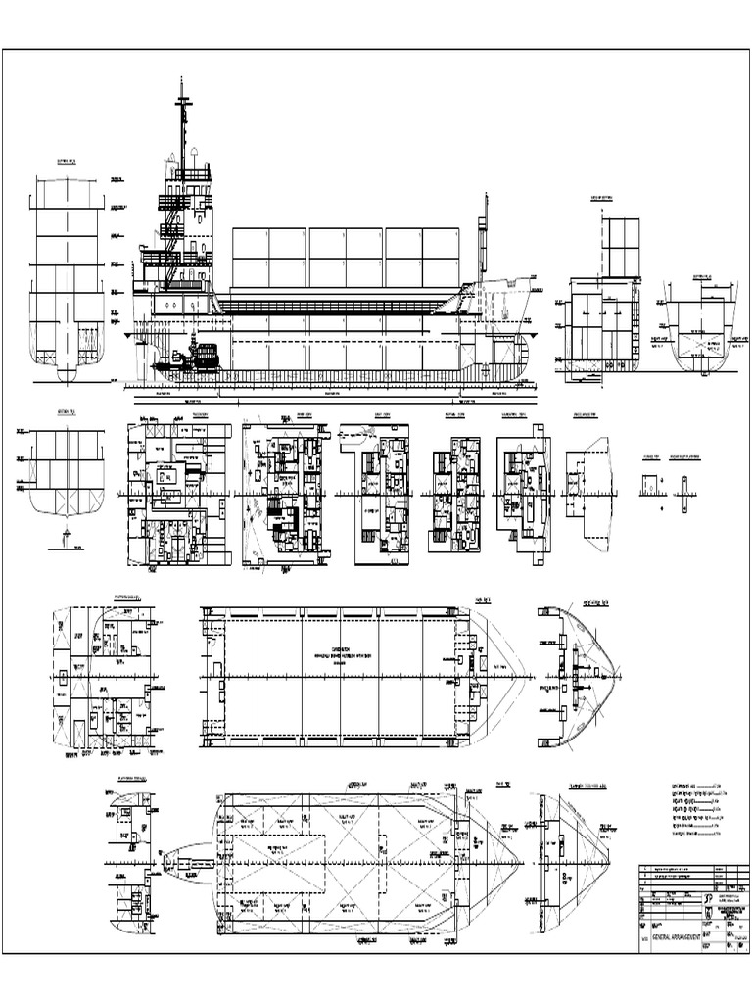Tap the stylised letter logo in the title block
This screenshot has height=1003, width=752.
(x=709, y=897)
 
